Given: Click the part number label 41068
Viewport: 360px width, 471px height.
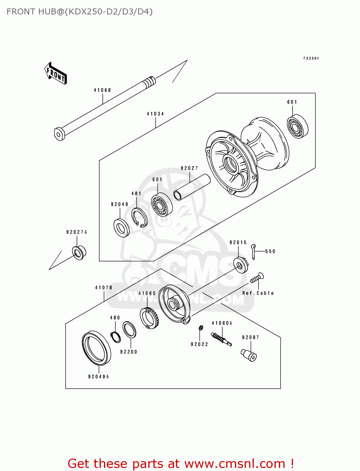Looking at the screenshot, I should [x=102, y=90].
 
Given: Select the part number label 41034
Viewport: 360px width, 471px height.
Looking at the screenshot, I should [x=155, y=114].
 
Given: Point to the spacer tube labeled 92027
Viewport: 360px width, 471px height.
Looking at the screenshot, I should [x=192, y=187].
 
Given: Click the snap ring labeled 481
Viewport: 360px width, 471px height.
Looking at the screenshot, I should [x=139, y=217].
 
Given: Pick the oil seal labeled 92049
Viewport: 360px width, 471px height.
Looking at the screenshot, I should [x=121, y=228].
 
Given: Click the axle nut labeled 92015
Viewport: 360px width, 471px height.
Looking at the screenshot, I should [x=241, y=265].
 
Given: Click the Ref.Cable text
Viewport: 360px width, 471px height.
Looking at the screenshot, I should [x=258, y=293].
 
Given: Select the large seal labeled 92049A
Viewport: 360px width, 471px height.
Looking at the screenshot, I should [x=96, y=348].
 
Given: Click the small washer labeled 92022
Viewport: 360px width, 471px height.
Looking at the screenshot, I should [x=200, y=328].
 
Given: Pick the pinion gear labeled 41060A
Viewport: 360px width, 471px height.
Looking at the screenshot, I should [x=221, y=339].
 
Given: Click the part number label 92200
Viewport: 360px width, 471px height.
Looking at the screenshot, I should [x=129, y=352].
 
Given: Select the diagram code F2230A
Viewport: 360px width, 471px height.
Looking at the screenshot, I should [x=311, y=58].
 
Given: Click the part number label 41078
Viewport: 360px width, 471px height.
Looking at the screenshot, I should [x=104, y=287].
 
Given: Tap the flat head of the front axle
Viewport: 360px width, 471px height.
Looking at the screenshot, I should [x=59, y=134].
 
